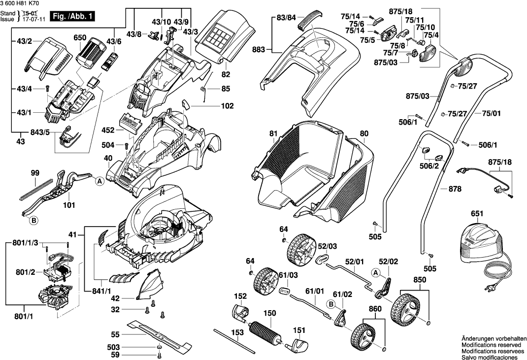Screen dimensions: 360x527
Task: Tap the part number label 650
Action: pos(80,38)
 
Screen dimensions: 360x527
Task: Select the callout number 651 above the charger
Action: pos(477,214)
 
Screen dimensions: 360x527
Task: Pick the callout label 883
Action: pos(258,49)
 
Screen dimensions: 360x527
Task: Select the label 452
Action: pos(107,131)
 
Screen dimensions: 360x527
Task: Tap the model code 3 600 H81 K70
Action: pos(20,3)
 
